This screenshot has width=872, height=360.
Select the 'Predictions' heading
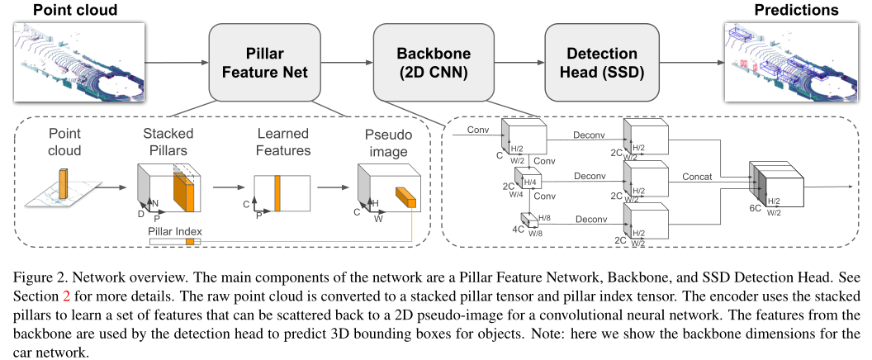(796, 10)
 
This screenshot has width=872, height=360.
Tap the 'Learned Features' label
(282, 142)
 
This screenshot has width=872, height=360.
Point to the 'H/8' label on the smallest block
(545, 216)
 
